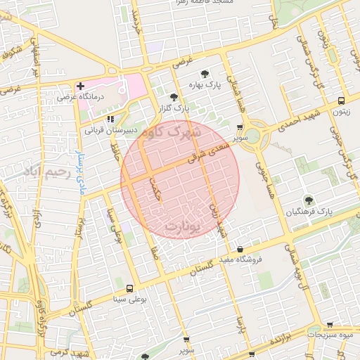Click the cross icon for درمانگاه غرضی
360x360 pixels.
[80, 86]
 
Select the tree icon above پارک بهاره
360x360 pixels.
[205, 73]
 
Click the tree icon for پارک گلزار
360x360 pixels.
[174, 97]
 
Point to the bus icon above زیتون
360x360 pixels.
[341, 101]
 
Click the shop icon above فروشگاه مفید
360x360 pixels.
[240, 249]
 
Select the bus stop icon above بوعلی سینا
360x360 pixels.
[129, 288]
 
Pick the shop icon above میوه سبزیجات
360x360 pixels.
[330, 325]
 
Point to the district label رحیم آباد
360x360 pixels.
[49, 171]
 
